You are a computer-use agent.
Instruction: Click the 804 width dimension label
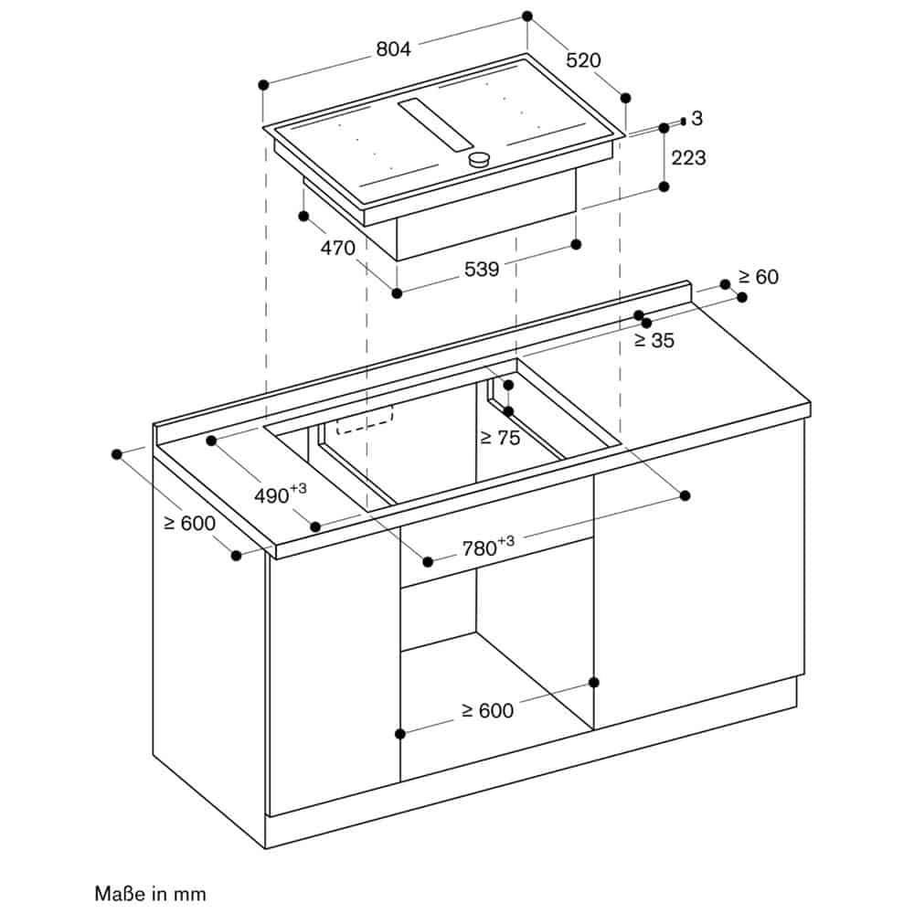coord(393,49)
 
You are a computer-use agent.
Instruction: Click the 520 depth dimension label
coord(583,60)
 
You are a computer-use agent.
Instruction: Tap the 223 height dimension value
coord(688,157)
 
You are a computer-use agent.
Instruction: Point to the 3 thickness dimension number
coord(697,118)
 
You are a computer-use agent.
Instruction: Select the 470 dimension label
coord(338,248)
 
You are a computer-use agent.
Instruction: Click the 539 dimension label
coord(482,270)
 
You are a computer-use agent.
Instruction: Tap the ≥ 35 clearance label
coord(654,340)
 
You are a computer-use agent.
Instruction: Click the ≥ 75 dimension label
coord(500,437)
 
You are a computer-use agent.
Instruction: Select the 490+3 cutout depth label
coord(281,494)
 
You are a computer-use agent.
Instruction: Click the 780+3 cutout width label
coord(488,547)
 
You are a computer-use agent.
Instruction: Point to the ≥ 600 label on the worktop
coord(190,523)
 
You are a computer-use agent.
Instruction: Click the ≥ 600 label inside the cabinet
coord(488,710)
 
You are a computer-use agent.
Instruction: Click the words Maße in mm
coord(151,894)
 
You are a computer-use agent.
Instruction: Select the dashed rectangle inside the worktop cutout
coord(365,420)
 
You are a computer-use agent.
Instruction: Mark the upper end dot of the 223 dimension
coord(664,128)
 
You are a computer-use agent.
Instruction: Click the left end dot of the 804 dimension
coord(263,85)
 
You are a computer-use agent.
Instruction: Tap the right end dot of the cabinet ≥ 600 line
coord(594,682)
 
